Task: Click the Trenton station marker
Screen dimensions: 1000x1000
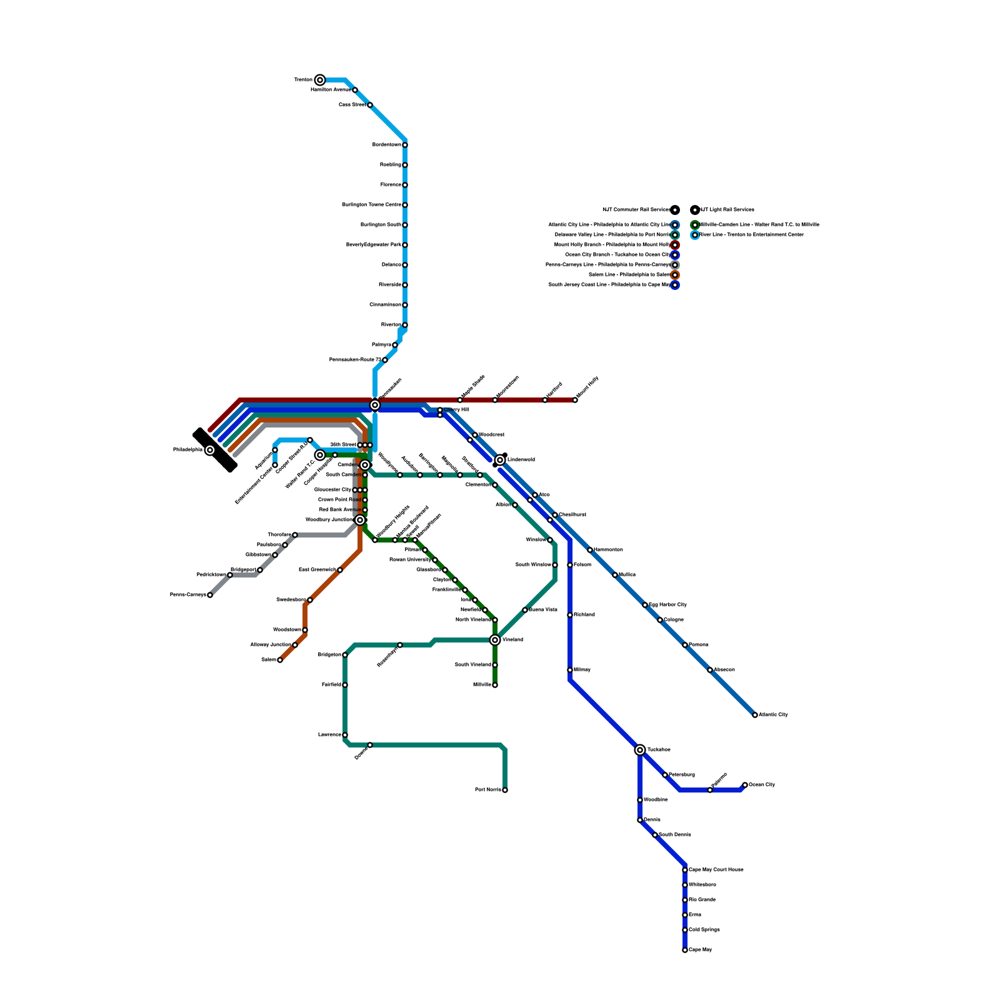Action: point(320,79)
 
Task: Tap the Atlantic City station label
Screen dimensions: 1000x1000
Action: point(773,714)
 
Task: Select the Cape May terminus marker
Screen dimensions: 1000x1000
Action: point(685,950)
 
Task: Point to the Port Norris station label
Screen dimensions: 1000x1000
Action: point(488,789)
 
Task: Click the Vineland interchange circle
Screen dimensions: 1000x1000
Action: point(495,639)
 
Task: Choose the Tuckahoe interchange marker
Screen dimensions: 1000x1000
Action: point(640,749)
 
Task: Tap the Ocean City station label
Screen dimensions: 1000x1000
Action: point(762,784)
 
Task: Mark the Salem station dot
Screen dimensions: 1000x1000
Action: point(280,660)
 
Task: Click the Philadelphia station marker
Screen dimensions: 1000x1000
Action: point(210,450)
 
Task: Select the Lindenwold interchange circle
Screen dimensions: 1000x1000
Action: point(500,460)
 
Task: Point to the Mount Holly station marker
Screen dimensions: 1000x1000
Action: point(575,400)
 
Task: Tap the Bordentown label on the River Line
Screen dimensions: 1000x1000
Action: point(387,144)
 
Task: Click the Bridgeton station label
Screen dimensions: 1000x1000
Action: point(329,654)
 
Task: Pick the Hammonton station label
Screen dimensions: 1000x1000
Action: point(608,549)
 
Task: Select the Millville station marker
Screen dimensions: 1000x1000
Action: point(495,685)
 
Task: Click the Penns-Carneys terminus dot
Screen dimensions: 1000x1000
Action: point(210,595)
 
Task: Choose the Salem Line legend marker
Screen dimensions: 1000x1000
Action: point(675,275)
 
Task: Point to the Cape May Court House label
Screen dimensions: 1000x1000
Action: point(716,869)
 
